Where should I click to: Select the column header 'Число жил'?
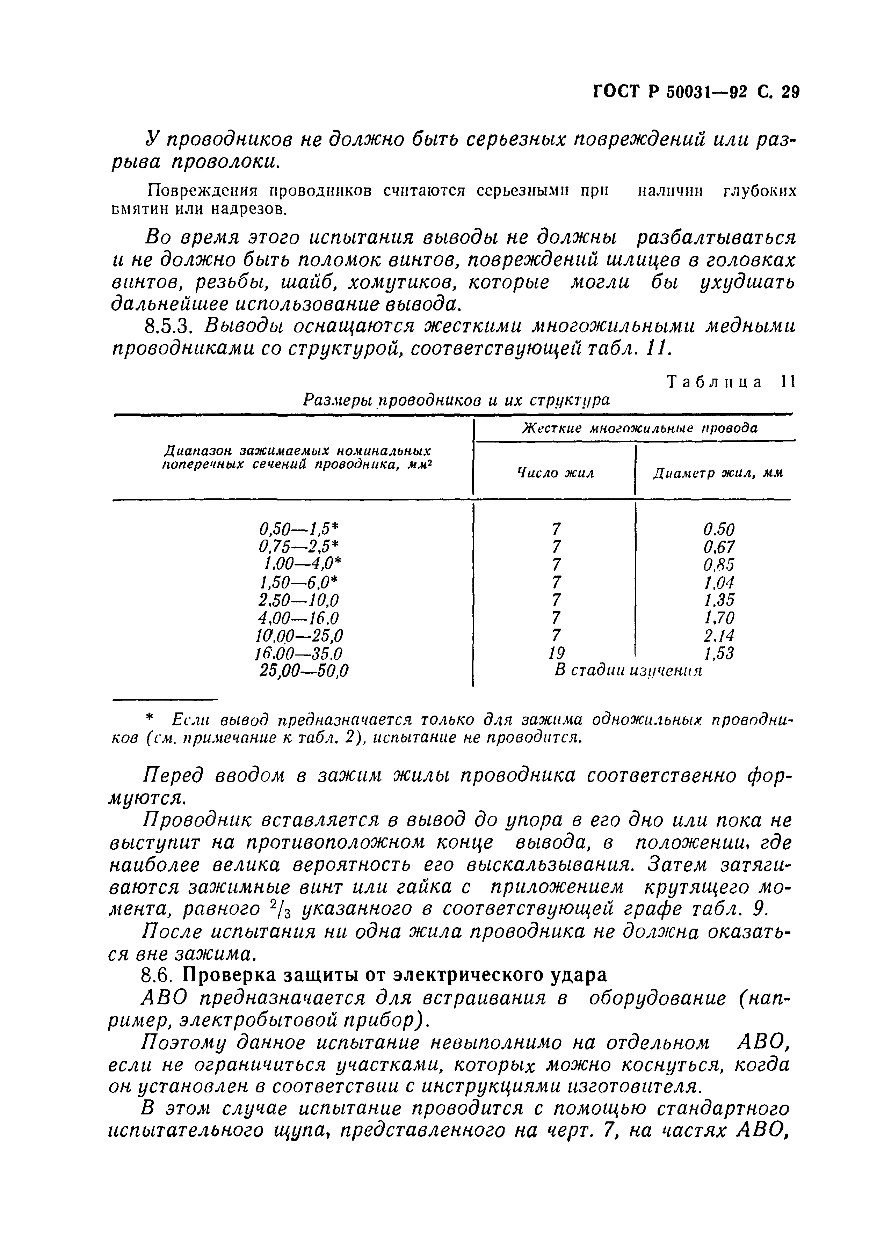click(555, 473)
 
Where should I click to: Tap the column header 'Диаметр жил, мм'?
click(717, 473)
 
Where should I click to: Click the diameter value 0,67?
click(718, 547)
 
